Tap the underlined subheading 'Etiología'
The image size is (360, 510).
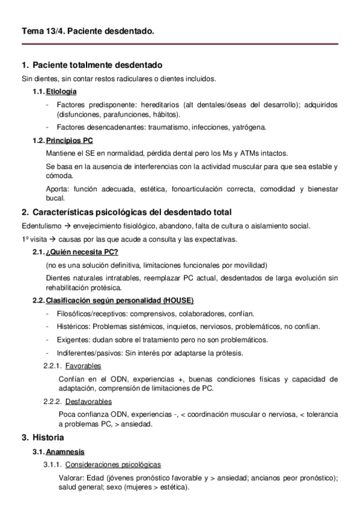pyautogui.click(x=62, y=91)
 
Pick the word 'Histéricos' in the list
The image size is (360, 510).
pyautogui.click(x=73, y=327)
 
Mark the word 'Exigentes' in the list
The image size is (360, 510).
pyautogui.click(x=72, y=340)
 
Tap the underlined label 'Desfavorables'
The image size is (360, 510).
pyautogui.click(x=88, y=402)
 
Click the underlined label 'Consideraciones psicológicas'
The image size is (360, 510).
pyautogui.click(x=112, y=464)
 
